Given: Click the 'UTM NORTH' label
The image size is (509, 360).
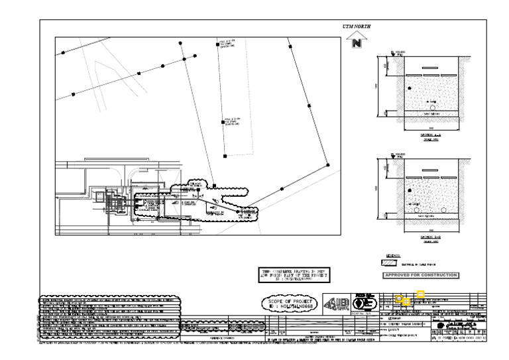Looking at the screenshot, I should tap(356, 27).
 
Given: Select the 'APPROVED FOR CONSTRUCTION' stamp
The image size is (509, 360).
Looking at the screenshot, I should tap(422, 274).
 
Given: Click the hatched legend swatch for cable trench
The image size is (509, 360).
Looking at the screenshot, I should tap(392, 263).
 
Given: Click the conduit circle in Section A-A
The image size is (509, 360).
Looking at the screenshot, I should tap(431, 107).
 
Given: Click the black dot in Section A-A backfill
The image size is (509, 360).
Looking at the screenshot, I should tap(410, 88).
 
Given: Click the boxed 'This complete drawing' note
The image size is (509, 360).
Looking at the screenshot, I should tap(292, 276).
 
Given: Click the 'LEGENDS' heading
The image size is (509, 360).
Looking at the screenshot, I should tap(393, 255).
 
